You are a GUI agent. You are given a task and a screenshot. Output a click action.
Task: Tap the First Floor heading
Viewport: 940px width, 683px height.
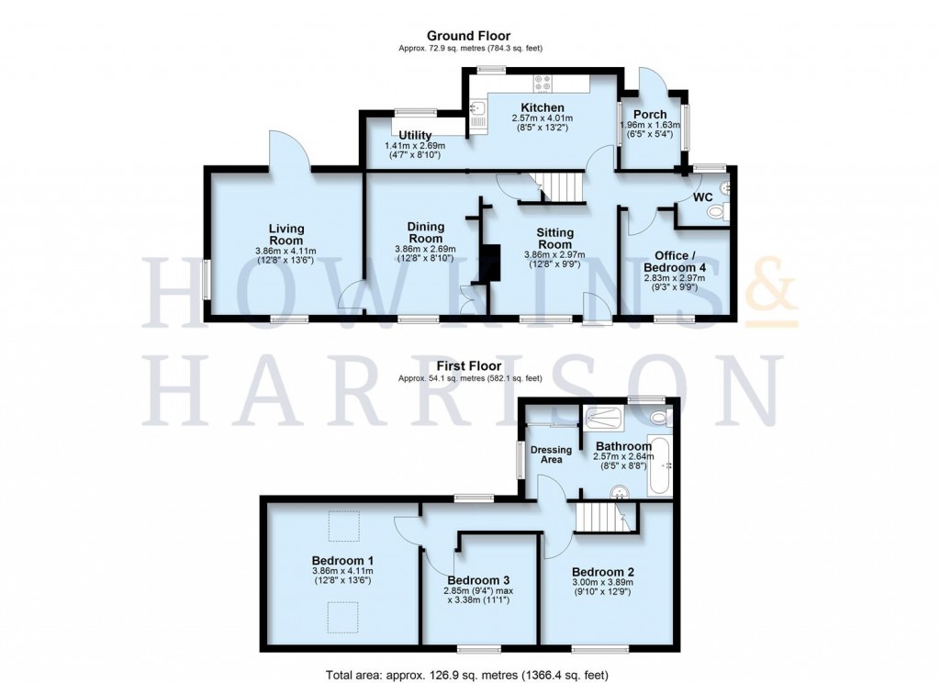pos(470,365)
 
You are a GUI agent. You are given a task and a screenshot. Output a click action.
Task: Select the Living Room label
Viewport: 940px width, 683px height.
pos(286,234)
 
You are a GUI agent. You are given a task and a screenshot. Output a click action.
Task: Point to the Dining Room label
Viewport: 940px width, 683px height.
pos(425,233)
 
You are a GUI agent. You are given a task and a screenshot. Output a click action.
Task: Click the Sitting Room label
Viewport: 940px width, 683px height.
pos(547,239)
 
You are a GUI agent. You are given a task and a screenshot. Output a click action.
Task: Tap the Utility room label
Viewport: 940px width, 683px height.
pos(414,136)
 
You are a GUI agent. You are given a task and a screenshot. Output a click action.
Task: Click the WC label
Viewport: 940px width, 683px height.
pos(703,197)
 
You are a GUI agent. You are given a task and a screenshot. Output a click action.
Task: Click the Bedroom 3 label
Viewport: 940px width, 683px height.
pos(478,580)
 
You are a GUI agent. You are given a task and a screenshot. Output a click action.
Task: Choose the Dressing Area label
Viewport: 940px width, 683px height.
pos(551,454)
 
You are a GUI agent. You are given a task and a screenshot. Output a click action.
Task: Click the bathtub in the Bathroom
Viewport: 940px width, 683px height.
pos(659,468)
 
